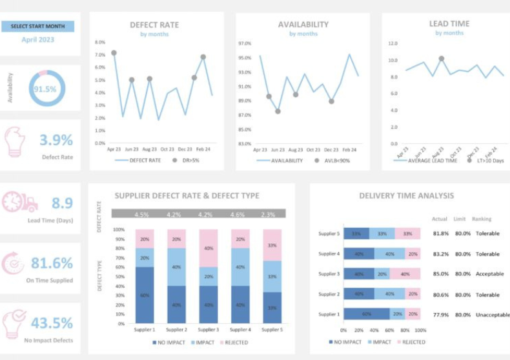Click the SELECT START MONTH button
[x=37, y=26]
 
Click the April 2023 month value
[x=37, y=39]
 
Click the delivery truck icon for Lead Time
[x=19, y=203]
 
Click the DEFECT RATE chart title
[x=154, y=25]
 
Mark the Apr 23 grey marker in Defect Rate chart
[x=114, y=53]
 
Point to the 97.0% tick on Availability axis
[x=244, y=43]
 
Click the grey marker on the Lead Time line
[x=442, y=58]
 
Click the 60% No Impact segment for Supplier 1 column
[x=145, y=295]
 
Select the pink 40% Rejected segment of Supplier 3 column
[x=209, y=248]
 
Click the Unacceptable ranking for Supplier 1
[x=489, y=315]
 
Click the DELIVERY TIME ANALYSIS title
[x=406, y=195]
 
